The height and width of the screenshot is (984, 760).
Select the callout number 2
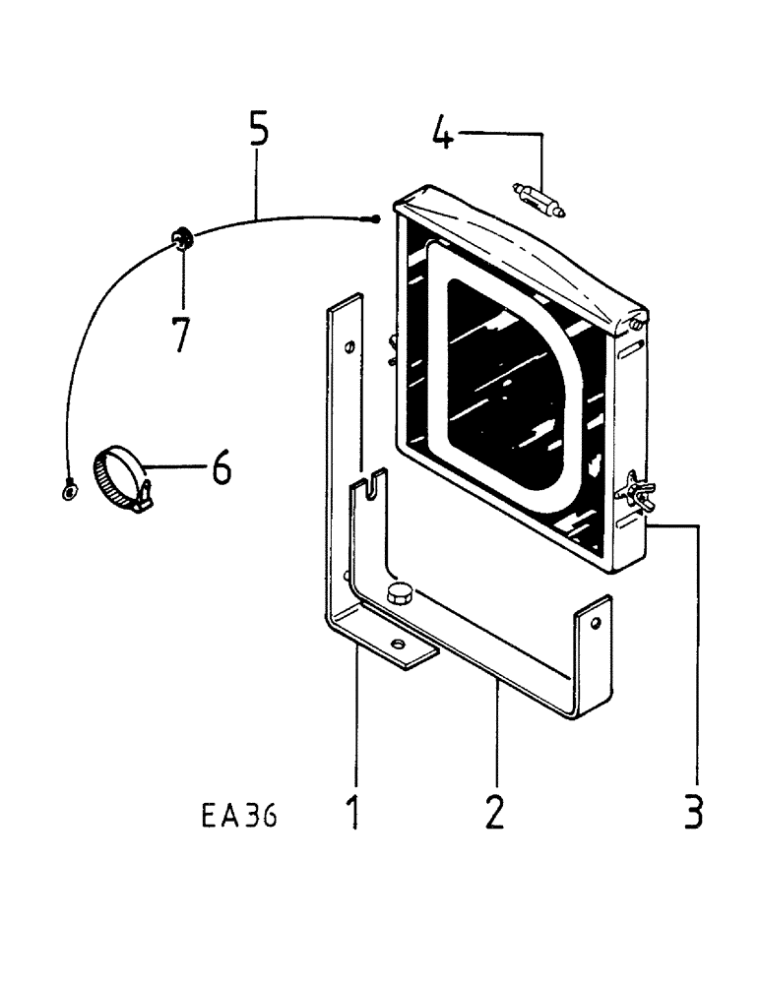tap(494, 812)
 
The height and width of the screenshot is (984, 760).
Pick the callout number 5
tap(258, 131)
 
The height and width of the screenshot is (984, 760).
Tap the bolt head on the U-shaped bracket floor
tap(401, 592)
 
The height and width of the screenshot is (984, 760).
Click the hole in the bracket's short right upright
tap(594, 623)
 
